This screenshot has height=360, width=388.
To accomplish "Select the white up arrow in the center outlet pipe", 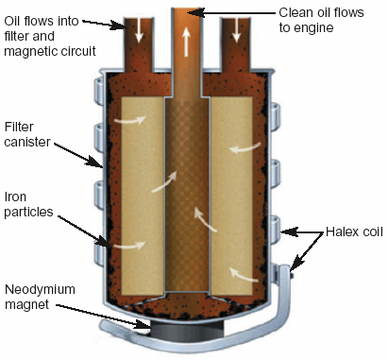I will pos(188,43).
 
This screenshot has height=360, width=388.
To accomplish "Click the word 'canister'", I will pos(27,141).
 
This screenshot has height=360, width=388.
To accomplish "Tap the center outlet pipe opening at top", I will pos(189,11).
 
